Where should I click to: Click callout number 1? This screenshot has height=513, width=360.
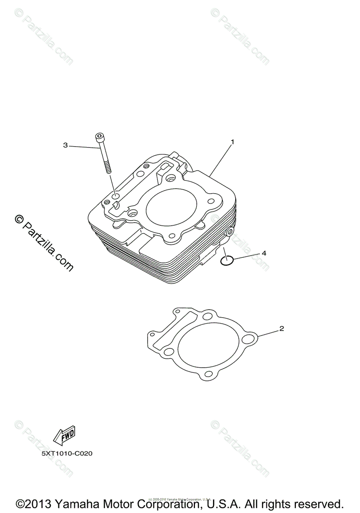(x=232, y=142)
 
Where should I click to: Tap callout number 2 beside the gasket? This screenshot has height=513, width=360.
(x=281, y=329)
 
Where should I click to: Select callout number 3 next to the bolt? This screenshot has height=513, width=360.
(x=65, y=145)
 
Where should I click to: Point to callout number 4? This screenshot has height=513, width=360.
(x=264, y=253)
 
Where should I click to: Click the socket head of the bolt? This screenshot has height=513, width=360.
(x=99, y=137)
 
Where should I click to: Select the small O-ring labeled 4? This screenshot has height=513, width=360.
(x=227, y=260)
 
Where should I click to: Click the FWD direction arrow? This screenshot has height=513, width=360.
(x=64, y=436)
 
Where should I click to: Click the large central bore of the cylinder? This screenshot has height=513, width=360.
(x=171, y=208)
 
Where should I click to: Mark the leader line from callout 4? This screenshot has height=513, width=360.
(x=246, y=256)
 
